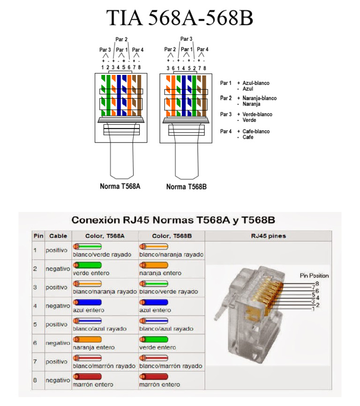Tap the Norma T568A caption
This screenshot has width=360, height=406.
(x=120, y=186)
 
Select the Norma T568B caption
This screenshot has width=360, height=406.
(x=187, y=187)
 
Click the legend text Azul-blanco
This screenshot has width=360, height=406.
(x=255, y=83)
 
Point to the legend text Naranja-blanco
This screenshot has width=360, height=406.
(x=259, y=98)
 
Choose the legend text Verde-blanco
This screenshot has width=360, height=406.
(x=257, y=114)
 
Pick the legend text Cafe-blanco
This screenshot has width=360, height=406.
(x=256, y=132)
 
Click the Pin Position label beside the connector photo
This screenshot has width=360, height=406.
(x=314, y=276)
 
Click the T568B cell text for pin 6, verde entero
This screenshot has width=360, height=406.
(x=157, y=347)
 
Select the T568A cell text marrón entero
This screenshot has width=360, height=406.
(x=93, y=384)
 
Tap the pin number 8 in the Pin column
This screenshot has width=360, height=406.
(x=35, y=380)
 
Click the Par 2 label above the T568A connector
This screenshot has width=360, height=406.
(x=121, y=40)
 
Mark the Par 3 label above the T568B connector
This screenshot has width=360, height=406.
(x=187, y=39)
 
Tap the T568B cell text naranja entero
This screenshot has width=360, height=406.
(x=160, y=273)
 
